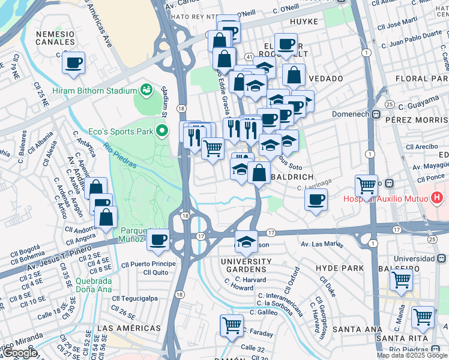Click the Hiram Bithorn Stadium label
point(95,91)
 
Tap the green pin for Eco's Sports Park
point(161,130)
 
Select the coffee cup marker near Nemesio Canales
point(73,63)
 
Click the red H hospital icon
point(437,197)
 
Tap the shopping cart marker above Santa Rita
point(423,317)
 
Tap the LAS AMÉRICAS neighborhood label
point(129,328)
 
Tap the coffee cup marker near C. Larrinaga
point(316,201)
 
